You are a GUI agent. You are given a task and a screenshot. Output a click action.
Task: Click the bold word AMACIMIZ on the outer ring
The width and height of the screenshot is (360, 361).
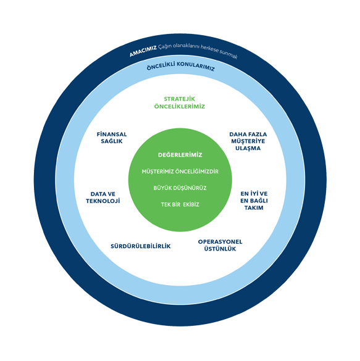[x=143, y=51]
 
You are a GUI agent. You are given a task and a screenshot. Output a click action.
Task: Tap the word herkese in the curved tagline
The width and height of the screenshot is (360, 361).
[x=209, y=49]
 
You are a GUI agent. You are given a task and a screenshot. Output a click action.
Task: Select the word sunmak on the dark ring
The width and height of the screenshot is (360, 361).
[x=228, y=54]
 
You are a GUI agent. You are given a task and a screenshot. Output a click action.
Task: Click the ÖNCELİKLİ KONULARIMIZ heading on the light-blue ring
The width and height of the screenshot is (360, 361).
[x=181, y=66]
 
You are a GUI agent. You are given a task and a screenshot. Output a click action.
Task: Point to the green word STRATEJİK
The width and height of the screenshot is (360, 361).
[x=180, y=99]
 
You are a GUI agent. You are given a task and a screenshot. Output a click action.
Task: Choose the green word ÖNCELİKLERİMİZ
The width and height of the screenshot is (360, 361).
[x=180, y=107]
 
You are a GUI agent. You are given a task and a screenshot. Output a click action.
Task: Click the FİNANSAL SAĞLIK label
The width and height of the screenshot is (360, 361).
[x=112, y=138]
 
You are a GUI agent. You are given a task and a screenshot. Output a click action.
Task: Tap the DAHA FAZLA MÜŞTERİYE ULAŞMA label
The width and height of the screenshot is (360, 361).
[x=248, y=141]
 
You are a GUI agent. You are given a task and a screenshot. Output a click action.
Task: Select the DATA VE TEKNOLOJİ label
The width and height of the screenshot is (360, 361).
[x=103, y=197]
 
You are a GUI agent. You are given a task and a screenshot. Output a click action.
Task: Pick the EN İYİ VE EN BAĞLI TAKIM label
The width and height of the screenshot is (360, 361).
[x=254, y=201]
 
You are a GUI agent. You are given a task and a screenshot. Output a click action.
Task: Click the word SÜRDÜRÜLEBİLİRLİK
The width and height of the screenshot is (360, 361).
[x=141, y=246]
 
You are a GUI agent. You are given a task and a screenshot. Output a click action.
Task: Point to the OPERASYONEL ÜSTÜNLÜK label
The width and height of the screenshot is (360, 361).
[x=220, y=245]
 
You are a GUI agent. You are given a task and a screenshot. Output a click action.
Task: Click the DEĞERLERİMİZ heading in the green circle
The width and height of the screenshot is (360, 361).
[x=180, y=155]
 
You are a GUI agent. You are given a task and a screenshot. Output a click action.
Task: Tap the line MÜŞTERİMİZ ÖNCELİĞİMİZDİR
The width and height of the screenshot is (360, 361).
[x=180, y=172]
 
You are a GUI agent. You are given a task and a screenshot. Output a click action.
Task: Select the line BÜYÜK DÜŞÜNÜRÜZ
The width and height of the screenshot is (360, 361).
[x=180, y=188]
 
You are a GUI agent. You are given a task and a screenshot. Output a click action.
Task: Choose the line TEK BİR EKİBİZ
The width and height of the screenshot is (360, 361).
[x=180, y=205]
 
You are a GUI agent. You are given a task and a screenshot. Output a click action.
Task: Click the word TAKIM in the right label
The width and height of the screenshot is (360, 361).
[x=254, y=208]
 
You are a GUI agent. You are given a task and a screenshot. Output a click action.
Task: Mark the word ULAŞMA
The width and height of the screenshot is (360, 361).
[x=248, y=148]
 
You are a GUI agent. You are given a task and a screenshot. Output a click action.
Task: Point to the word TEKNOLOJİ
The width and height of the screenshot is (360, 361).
[x=103, y=201]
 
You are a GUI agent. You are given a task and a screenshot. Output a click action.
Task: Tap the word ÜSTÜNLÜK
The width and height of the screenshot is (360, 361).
[x=220, y=249]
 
